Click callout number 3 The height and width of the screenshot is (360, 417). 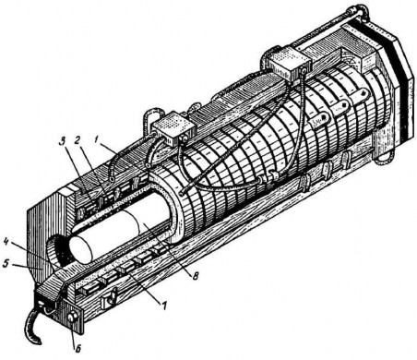coord(63,142)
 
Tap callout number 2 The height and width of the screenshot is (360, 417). coord(77,141)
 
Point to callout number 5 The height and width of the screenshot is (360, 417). coord(6,264)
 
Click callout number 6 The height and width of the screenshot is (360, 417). coord(78,349)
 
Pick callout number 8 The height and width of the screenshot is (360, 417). coord(195,276)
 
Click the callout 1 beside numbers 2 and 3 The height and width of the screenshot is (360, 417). coord(96,140)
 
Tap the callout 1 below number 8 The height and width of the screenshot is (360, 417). coord(164,306)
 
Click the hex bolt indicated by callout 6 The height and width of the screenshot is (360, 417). coord(73,317)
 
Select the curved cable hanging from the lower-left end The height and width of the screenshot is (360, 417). coord(29,327)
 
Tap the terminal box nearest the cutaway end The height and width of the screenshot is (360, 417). coord(173,129)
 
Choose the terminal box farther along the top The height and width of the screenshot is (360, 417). coord(288,63)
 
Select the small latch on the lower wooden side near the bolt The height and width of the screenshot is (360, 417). coord(109,298)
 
